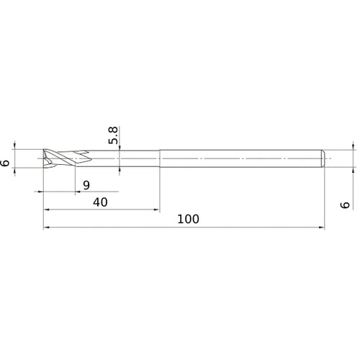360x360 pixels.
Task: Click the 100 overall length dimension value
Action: tap(186, 218)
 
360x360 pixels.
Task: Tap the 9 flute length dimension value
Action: tap(86, 184)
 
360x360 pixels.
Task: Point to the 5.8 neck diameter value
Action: tap(113, 135)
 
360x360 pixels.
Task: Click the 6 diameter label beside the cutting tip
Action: tap(6, 163)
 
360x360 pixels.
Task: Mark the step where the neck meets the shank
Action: tap(159, 158)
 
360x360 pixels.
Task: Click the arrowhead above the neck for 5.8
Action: tap(120, 147)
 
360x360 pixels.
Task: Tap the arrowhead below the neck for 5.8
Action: tap(120, 170)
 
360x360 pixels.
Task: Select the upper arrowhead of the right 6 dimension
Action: tap(354, 145)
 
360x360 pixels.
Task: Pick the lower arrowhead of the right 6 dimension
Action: tap(354, 171)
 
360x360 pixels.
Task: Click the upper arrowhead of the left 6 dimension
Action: tap(17, 145)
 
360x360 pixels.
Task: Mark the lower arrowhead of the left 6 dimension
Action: tap(17, 171)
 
